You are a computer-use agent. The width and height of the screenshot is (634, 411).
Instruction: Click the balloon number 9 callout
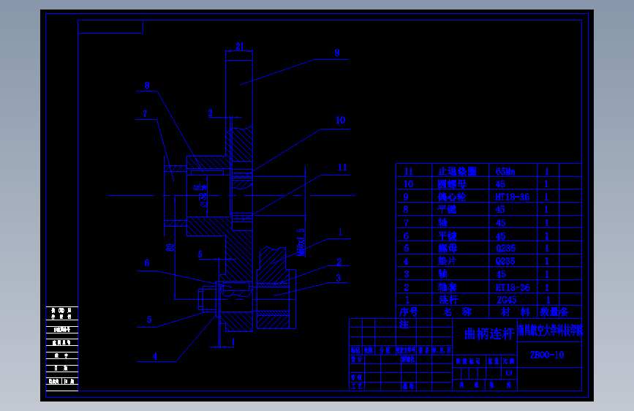coord(336,53)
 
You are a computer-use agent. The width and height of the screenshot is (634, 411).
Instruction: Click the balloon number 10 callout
coord(340,121)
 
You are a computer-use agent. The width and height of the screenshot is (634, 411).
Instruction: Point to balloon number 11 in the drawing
coord(342,167)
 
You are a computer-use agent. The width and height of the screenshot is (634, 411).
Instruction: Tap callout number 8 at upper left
coord(146,86)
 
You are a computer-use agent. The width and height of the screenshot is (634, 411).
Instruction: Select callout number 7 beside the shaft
coord(146,113)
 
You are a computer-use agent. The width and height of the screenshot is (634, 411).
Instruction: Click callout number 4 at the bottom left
coord(155,356)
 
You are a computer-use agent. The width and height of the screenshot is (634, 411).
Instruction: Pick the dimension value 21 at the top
coord(239,46)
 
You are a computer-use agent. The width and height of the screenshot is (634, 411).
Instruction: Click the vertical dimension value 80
coord(170,247)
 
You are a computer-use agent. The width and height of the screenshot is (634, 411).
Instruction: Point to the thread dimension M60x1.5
coord(301,242)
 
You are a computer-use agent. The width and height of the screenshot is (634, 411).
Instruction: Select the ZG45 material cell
coord(507,300)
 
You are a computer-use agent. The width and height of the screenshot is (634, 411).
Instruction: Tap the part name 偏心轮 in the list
coord(451,197)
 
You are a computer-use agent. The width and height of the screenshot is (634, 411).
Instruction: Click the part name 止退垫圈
coord(457,171)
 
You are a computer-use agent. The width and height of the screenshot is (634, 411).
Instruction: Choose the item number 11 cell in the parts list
coord(409,171)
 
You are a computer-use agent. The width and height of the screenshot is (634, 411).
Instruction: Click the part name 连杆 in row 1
coord(447,300)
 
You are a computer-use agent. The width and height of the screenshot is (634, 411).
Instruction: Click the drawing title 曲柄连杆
coord(488,334)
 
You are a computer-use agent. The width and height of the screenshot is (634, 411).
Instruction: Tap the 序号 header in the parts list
coord(408,312)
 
